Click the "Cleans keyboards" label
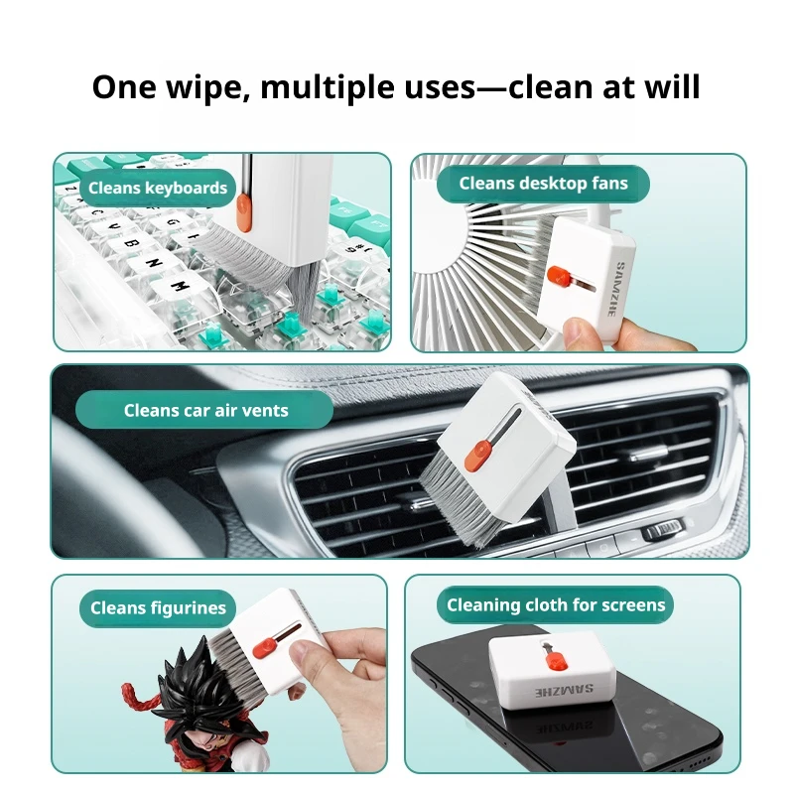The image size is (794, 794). (x=158, y=188)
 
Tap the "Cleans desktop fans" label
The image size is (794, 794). (x=543, y=184)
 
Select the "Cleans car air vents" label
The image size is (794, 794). (x=205, y=410)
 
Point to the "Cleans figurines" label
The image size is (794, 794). (x=158, y=607)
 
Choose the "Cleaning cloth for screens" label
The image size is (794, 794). (x=556, y=604)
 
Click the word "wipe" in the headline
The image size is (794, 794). (x=205, y=87)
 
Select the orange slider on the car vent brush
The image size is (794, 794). (x=477, y=455)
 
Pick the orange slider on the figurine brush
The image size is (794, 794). (x=265, y=649)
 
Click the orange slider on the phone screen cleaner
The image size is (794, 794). (x=557, y=661)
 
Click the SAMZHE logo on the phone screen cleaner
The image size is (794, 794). (x=564, y=691)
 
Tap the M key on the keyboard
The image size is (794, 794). (x=179, y=287)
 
